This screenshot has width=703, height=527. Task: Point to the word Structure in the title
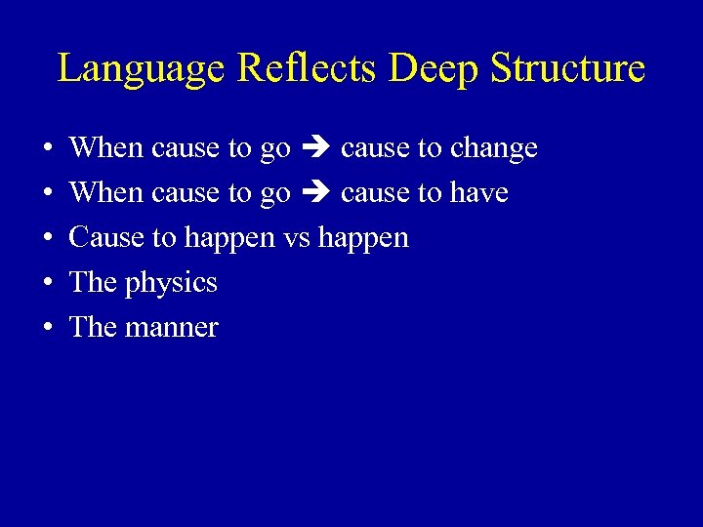click(x=567, y=69)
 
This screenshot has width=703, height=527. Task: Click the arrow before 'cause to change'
click(x=315, y=148)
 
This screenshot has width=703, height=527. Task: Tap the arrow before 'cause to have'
click(x=315, y=193)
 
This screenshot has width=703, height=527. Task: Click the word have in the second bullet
click(x=479, y=193)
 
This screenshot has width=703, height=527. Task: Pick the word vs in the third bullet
click(x=296, y=238)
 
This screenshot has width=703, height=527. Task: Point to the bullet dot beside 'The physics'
click(x=48, y=283)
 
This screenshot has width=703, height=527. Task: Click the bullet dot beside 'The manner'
click(x=48, y=328)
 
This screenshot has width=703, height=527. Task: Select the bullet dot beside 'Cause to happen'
click(x=48, y=238)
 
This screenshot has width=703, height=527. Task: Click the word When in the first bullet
click(x=106, y=148)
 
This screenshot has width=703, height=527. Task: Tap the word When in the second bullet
click(x=106, y=193)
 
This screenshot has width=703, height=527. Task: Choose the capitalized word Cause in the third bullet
click(x=98, y=238)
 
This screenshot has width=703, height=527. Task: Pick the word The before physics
click(x=94, y=283)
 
